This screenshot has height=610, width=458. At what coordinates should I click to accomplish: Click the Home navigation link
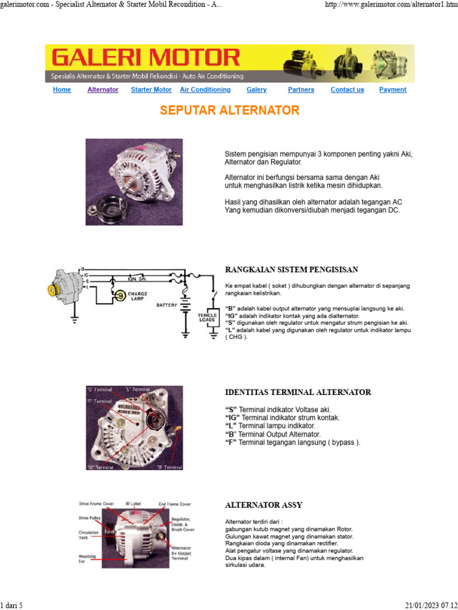pyautogui.click(x=62, y=90)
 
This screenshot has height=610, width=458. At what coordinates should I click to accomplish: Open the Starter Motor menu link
pyautogui.click(x=151, y=90)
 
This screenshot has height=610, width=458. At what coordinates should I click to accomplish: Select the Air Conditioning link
pyautogui.click(x=205, y=90)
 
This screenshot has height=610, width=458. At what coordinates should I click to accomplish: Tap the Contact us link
pyautogui.click(x=347, y=90)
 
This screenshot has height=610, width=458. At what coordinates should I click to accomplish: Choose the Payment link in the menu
pyautogui.click(x=392, y=90)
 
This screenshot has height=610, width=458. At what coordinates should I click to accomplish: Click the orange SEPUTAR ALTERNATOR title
pyautogui.click(x=230, y=111)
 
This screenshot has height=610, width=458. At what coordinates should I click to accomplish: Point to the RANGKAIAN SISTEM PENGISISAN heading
pyautogui.click(x=292, y=270)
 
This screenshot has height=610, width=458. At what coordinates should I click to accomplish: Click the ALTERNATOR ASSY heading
pyautogui.click(x=264, y=505)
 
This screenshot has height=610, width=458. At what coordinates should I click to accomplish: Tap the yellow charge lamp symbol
pyautogui.click(x=120, y=295)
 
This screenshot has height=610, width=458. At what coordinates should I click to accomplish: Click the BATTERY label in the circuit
pyautogui.click(x=167, y=305)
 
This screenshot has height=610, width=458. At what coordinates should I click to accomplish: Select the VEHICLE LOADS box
pyautogui.click(x=208, y=318)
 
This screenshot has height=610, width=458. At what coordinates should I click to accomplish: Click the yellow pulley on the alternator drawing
pyautogui.click(x=52, y=290)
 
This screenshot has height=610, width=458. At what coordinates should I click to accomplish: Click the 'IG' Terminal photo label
pyautogui.click(x=100, y=467)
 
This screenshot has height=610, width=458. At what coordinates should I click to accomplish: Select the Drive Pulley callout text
pyautogui.click(x=89, y=518)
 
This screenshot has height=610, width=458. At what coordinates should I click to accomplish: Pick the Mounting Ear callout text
pyautogui.click(x=87, y=558)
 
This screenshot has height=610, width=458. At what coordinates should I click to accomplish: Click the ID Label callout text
pyautogui.click(x=134, y=503)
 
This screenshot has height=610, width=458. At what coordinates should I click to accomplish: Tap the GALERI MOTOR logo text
pyautogui.click(x=146, y=58)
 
